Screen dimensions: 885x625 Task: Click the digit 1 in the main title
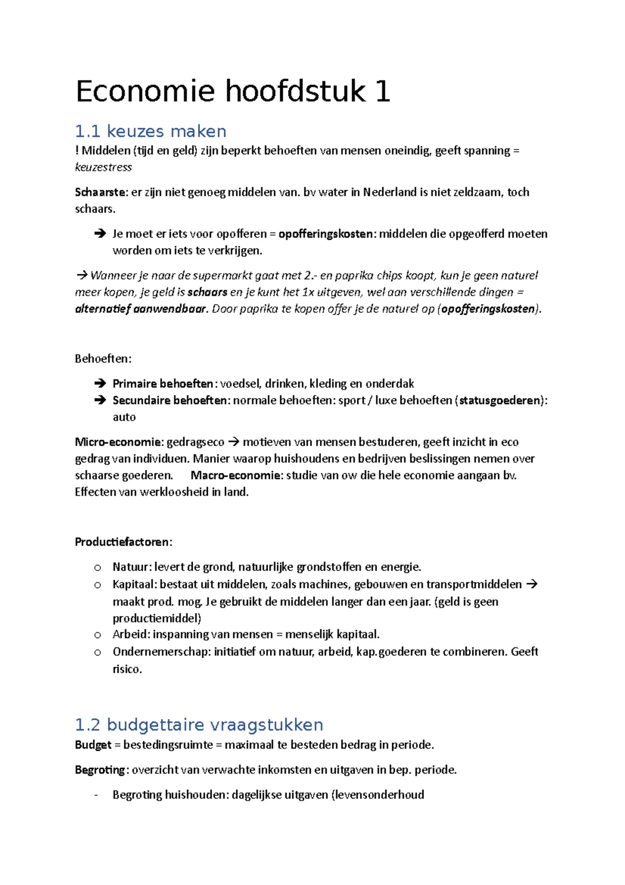[x=382, y=92]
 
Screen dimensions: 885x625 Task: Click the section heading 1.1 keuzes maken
[x=151, y=131]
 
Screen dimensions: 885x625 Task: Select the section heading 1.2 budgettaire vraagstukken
[x=199, y=724]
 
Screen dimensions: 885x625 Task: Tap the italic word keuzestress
[x=103, y=167]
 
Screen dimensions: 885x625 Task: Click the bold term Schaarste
[x=100, y=192]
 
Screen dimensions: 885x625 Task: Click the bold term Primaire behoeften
[x=162, y=384]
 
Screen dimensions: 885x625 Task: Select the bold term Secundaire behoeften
[x=169, y=401]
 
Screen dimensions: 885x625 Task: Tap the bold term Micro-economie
[x=118, y=443]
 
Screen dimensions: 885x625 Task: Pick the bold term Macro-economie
[x=235, y=475]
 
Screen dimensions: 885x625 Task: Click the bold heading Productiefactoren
[x=122, y=542]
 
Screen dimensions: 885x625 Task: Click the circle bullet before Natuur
[x=97, y=568]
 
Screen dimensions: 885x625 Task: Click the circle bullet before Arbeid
[x=97, y=635]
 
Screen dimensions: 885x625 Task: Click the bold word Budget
[x=93, y=745]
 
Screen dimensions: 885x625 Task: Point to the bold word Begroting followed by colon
[x=99, y=770]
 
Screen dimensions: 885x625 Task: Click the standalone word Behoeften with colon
[x=103, y=359]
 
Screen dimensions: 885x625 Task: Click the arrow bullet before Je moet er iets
[x=100, y=234]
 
